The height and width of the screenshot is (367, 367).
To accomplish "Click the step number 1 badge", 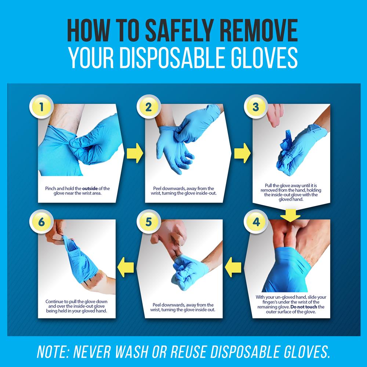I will tap(42, 108).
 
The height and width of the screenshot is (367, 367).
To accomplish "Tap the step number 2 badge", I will tap(148, 108).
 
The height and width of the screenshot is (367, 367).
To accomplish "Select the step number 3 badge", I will tap(255, 108).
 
